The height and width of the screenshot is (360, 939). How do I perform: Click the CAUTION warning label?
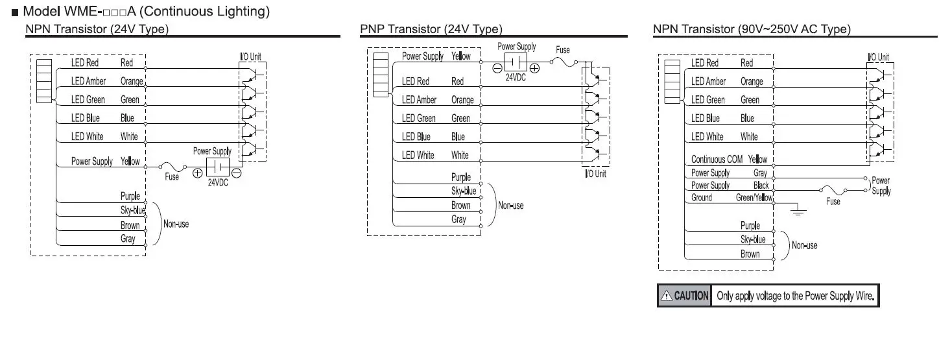[x=684, y=296]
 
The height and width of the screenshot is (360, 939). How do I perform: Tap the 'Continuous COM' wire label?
[x=717, y=159]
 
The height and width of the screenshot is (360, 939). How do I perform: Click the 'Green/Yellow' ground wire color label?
[x=754, y=198]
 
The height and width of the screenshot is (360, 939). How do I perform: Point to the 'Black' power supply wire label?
[x=761, y=186]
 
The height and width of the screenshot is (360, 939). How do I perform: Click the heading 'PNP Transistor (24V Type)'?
[x=431, y=29]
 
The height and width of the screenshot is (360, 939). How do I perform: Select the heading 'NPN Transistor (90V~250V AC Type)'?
[x=752, y=29]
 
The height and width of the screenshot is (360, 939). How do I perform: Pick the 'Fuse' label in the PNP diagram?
[x=563, y=50]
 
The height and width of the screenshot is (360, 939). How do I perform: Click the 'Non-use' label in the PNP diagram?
[x=511, y=206]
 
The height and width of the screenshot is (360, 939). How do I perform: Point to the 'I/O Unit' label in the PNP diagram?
[x=595, y=174]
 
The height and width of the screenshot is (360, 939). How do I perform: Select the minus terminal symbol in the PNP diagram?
[x=497, y=67]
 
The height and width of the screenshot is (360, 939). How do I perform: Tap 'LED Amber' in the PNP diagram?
[x=419, y=100]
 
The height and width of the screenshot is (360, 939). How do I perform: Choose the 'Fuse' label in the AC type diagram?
[x=833, y=202]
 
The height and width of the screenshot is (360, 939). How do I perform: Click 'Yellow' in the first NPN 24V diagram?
[x=130, y=161]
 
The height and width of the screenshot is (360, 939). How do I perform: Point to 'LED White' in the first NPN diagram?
[x=88, y=137]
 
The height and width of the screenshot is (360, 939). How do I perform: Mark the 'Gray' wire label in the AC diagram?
[x=760, y=173]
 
